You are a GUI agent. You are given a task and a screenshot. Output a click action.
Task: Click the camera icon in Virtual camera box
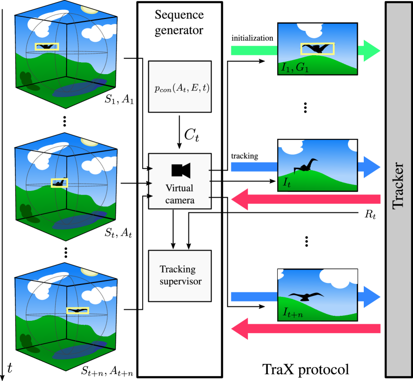(181, 170)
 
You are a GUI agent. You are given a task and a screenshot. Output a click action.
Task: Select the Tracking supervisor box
(180, 276)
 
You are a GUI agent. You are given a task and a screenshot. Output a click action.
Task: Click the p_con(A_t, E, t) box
(180, 87)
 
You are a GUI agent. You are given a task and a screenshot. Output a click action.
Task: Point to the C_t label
(191, 135)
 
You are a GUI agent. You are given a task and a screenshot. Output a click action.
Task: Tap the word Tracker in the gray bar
(398, 186)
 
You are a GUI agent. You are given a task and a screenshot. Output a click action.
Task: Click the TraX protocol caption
(306, 369)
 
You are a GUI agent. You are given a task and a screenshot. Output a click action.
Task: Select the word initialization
(252, 38)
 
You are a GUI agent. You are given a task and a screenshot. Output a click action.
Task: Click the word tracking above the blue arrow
(245, 156)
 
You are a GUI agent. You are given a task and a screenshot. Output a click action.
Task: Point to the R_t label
(370, 215)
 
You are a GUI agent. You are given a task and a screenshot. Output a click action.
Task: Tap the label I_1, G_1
(295, 68)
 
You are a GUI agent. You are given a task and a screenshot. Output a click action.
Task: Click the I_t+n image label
(293, 312)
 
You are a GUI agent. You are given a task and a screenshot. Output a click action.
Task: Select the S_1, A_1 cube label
(119, 99)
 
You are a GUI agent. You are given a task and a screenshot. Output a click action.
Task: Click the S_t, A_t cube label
(118, 233)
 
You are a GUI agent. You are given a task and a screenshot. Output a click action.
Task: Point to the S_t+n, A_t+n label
(107, 371)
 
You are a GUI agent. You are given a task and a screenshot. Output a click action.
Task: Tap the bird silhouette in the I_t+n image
(306, 296)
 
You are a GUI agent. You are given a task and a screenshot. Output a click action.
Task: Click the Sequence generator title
(179, 22)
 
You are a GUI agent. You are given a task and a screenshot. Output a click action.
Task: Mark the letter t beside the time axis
(10, 368)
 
